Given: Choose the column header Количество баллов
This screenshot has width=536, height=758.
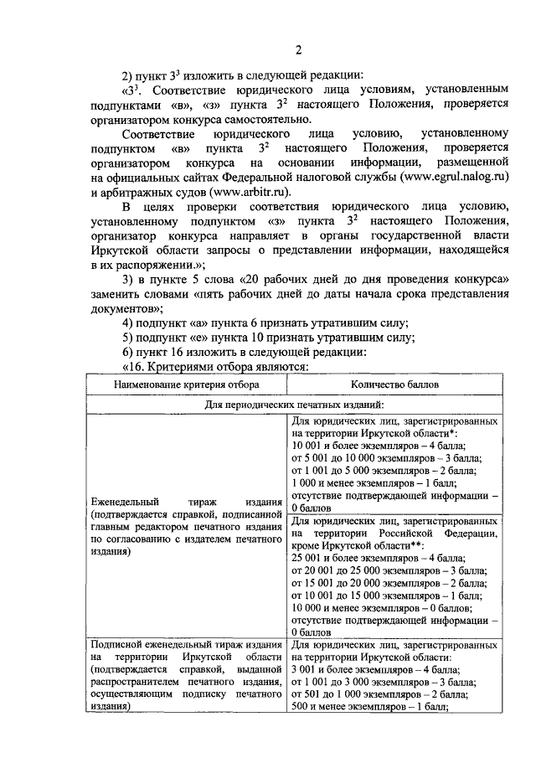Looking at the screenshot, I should tap(397, 384).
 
